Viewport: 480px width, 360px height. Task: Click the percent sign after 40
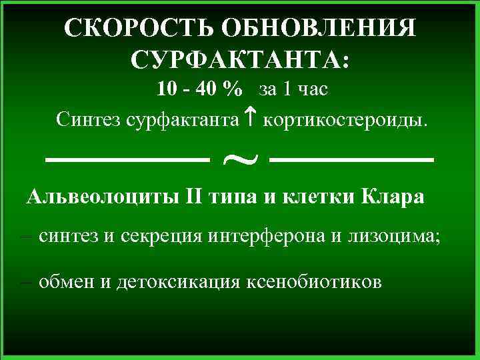[234, 89]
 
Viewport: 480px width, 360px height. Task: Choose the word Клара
[392, 198]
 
